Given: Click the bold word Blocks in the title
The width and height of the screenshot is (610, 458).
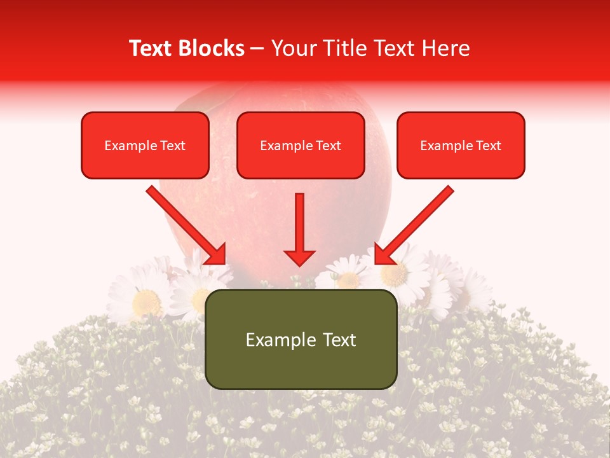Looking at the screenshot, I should pyautogui.click(x=213, y=48).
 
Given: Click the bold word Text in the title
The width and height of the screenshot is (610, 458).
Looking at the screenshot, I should pyautogui.click(x=152, y=48).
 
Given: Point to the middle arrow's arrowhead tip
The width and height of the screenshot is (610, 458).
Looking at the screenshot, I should pyautogui.click(x=300, y=264).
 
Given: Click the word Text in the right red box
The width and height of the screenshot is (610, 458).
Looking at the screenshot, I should pyautogui.click(x=488, y=146).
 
